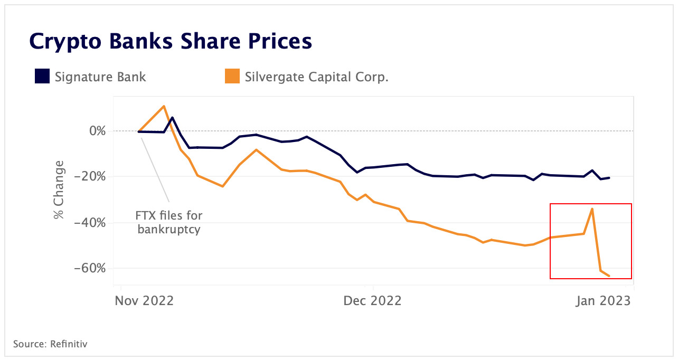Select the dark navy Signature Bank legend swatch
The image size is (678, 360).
click(42, 77)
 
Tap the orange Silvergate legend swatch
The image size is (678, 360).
click(232, 77)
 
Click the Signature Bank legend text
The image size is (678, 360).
click(100, 77)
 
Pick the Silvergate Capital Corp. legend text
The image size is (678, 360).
click(316, 77)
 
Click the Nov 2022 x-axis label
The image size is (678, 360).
click(144, 301)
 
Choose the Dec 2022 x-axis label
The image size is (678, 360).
click(372, 301)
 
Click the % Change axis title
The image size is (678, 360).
click(59, 190)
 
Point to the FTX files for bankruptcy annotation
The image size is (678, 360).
click(169, 223)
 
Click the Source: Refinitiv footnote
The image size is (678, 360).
click(50, 344)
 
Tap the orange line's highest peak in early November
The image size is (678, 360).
click(164, 106)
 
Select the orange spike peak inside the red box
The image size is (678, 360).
click(592, 209)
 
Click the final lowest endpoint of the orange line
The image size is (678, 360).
click(610, 276)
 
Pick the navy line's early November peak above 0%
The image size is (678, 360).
click(172, 118)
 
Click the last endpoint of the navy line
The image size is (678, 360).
click(610, 178)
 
